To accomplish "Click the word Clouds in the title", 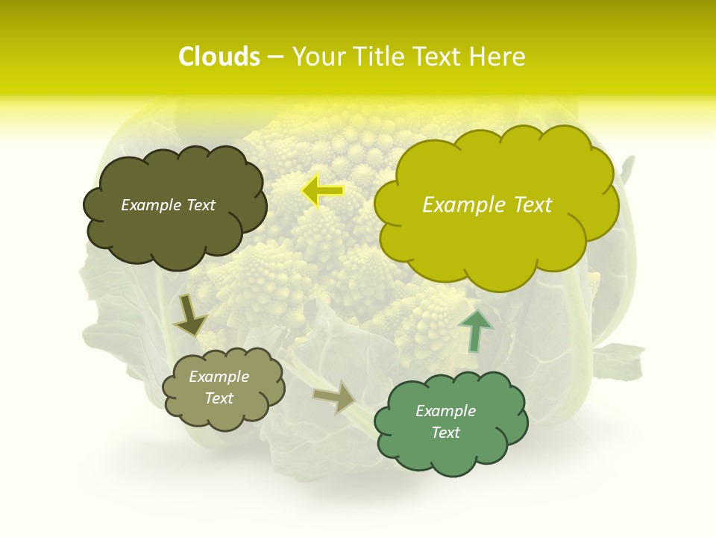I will tap(219, 57).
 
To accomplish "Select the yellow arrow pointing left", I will tap(322, 191).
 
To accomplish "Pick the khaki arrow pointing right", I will tap(335, 396).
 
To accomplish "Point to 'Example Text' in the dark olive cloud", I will tap(168, 205).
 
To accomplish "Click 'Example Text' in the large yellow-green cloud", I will tap(487, 205).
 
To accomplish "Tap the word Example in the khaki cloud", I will tap(219, 377).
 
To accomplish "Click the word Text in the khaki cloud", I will tap(219, 398).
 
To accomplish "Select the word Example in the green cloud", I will tap(445, 411).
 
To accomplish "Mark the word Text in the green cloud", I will tap(445, 433).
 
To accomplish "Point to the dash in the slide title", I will tap(275, 57).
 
